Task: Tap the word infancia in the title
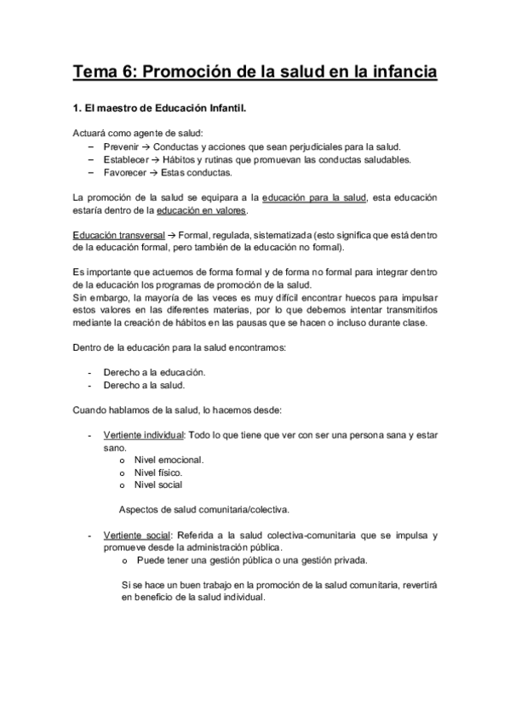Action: tap(399, 72)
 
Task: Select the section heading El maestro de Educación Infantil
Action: tap(161, 110)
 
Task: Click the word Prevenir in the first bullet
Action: tap(120, 146)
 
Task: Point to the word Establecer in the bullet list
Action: tap(124, 159)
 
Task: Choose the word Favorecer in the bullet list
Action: tap(123, 172)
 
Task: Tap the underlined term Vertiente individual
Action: tap(143, 435)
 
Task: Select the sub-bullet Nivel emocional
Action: tap(169, 460)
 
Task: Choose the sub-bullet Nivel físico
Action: tap(158, 472)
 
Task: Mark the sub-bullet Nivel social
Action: tap(158, 484)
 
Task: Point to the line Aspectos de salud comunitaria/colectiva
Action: tap(204, 509)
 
